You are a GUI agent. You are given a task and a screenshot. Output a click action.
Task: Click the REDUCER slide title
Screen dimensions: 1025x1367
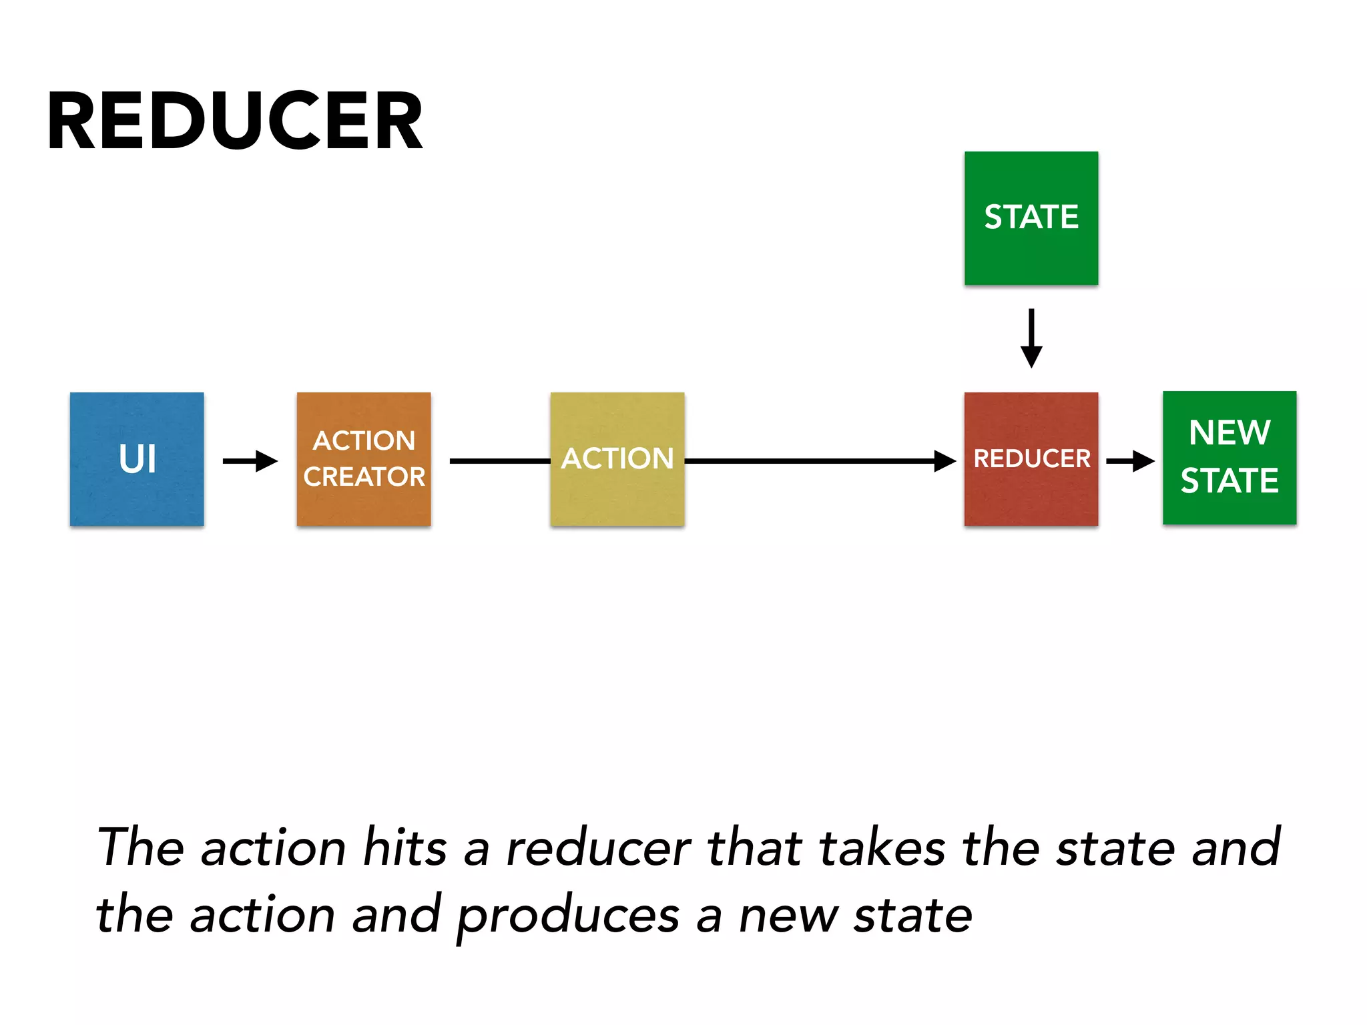click(x=235, y=121)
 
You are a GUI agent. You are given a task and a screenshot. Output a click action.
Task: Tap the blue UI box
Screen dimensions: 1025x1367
click(x=137, y=459)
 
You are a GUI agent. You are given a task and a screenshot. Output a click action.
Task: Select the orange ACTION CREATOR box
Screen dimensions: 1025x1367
click(x=364, y=459)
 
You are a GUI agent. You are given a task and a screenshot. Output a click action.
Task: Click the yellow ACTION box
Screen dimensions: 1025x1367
click(x=617, y=459)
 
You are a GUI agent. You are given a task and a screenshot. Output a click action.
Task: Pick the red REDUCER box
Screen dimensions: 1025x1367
click(x=1031, y=459)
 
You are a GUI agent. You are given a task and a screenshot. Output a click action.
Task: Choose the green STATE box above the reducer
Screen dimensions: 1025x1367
click(x=1031, y=218)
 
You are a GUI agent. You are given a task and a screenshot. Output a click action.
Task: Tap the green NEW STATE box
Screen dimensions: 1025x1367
click(x=1229, y=458)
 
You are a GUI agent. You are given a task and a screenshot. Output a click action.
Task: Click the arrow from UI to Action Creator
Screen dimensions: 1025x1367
click(x=250, y=460)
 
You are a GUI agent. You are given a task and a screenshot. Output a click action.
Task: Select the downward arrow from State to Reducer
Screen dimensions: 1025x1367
click(x=1031, y=338)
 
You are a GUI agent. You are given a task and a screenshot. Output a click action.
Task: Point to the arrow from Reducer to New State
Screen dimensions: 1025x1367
click(x=1130, y=460)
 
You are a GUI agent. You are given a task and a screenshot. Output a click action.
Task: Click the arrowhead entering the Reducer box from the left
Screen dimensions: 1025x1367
click(x=944, y=460)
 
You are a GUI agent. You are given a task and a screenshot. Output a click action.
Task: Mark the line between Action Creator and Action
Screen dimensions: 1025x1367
click(x=499, y=460)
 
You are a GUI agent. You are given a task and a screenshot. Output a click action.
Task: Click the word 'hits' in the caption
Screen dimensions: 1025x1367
click(x=404, y=847)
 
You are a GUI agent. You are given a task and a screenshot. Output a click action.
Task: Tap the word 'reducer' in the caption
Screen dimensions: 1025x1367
click(x=598, y=847)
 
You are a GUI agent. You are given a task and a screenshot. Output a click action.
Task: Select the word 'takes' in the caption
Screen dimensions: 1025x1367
click(x=882, y=847)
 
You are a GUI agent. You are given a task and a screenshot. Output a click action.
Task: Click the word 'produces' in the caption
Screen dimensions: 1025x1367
click(x=568, y=916)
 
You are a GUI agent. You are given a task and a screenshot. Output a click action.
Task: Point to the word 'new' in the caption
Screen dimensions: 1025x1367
click(x=788, y=916)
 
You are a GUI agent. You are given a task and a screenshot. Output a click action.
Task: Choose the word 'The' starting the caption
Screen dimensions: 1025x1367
click(x=141, y=847)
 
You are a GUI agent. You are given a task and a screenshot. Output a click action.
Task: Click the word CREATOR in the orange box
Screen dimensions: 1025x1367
click(x=364, y=476)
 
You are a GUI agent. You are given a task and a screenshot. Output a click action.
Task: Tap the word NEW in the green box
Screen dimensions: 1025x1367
click(x=1229, y=432)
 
